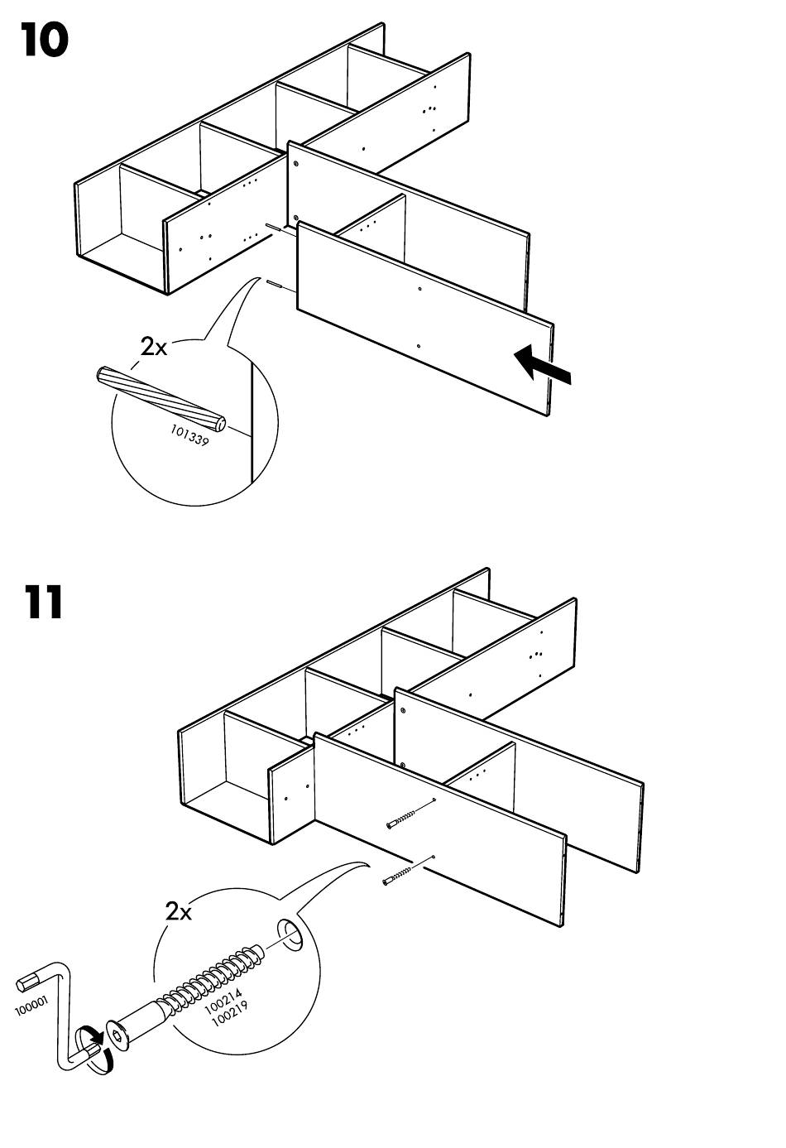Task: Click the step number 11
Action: click(x=43, y=603)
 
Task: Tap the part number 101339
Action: click(x=189, y=435)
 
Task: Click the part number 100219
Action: click(x=229, y=1013)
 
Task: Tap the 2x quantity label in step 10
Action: click(x=154, y=346)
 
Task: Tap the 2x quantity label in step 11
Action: click(x=179, y=912)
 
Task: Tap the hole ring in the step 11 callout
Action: click(x=291, y=934)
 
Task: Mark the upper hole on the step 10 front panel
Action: click(x=420, y=289)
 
